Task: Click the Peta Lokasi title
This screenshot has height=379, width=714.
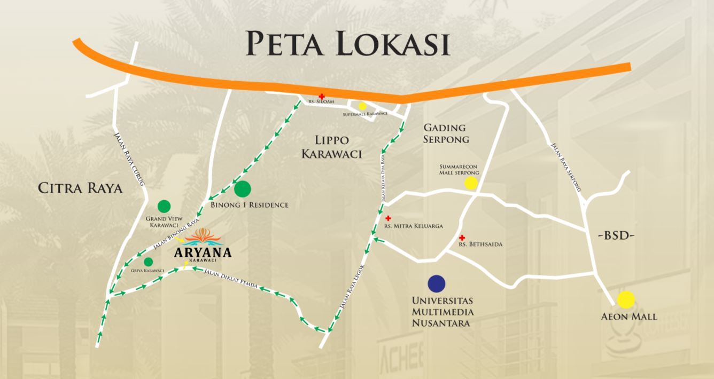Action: coord(347,43)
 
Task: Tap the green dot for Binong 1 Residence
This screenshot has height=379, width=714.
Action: coord(243,188)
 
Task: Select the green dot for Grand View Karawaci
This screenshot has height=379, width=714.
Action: coord(164,206)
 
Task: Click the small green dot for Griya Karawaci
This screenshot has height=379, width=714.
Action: coord(149,262)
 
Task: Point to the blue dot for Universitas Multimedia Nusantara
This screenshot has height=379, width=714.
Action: coord(437,283)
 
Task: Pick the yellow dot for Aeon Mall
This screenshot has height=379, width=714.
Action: coord(626,300)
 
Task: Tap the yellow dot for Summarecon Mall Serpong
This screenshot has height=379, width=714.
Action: coord(471,184)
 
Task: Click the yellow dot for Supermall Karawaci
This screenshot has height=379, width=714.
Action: coord(362,106)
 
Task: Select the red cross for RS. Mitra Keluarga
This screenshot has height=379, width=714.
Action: coord(388,218)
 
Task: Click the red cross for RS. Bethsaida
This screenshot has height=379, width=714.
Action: coord(462,237)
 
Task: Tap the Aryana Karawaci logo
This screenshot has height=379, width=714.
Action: coord(203,245)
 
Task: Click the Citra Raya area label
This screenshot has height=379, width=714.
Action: coord(81,188)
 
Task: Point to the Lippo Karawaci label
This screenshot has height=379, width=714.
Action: coord(332,147)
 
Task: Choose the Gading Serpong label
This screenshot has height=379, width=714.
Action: coord(446,133)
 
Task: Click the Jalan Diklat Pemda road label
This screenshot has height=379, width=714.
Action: coord(231,279)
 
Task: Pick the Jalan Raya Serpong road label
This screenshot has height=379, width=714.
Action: coord(565,167)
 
